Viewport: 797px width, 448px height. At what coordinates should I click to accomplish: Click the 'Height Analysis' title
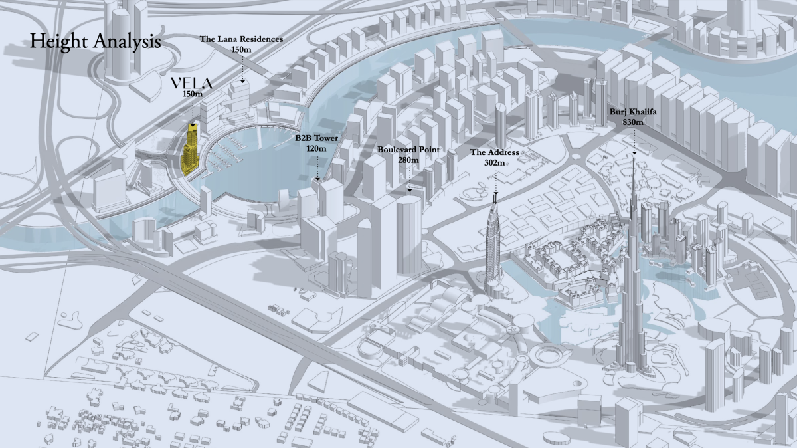point(95,41)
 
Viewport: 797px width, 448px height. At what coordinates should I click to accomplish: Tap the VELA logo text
point(192,83)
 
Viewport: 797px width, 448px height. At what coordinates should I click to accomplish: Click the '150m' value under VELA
point(192,94)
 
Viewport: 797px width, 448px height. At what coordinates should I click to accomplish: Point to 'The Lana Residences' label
point(242,39)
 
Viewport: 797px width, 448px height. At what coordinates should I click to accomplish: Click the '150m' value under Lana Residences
point(242,49)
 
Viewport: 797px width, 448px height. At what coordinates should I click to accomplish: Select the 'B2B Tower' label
point(317,138)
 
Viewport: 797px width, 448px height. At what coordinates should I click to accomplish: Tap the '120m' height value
point(317,148)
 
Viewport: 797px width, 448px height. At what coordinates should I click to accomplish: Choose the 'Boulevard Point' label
point(408,150)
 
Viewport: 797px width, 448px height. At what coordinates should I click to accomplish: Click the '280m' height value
point(408,160)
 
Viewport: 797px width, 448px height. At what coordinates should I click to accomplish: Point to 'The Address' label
point(495,152)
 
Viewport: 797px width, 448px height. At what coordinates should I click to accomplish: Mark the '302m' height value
point(495,162)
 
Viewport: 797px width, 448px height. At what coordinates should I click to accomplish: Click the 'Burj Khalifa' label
point(634,113)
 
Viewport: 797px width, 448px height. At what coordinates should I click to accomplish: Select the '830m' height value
point(634,123)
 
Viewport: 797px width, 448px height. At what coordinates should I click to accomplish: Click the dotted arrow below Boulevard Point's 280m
point(409,178)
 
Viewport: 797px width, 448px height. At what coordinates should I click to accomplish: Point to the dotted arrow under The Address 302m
point(495,179)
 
